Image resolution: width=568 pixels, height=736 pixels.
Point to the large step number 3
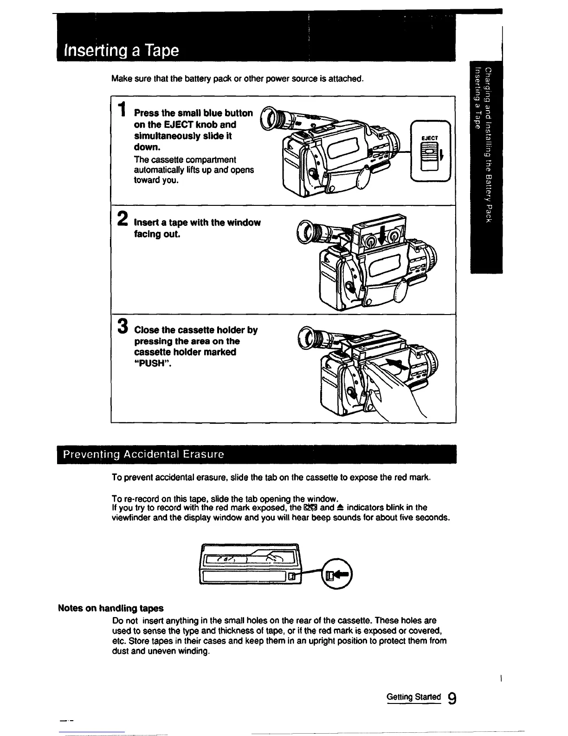click(x=123, y=326)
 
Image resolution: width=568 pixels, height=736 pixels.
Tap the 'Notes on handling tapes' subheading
click(x=110, y=608)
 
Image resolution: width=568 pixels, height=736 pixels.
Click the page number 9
click(x=452, y=698)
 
